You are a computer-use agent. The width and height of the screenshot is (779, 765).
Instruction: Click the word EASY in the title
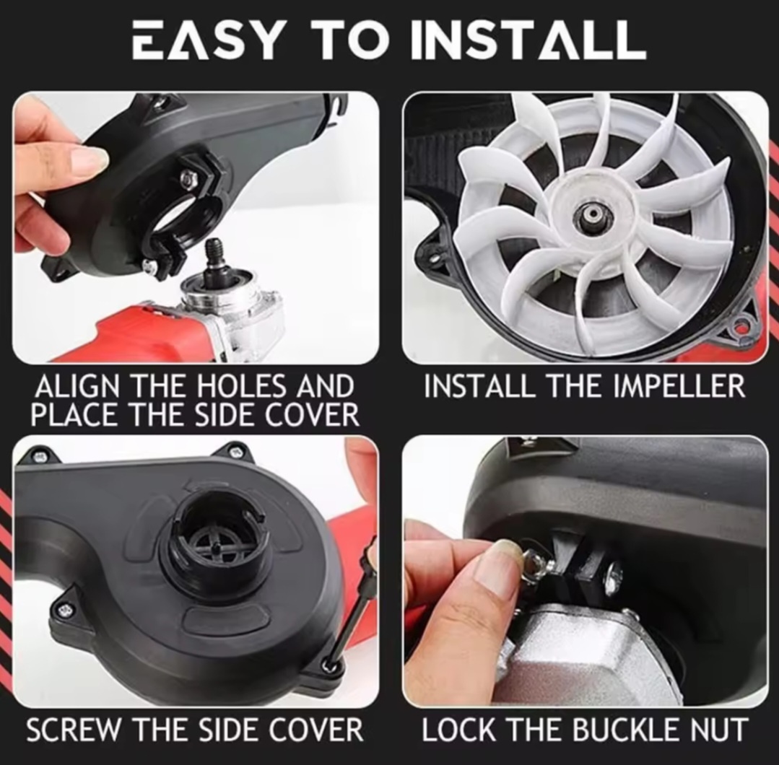(x=207, y=40)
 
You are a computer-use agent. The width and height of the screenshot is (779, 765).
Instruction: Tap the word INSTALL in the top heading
(x=529, y=40)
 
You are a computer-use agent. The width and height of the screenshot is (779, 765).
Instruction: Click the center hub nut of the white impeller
(x=591, y=214)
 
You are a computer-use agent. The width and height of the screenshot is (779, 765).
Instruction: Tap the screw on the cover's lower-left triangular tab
(x=64, y=609)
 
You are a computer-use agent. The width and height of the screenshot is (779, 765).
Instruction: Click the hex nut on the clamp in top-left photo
(x=187, y=176)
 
